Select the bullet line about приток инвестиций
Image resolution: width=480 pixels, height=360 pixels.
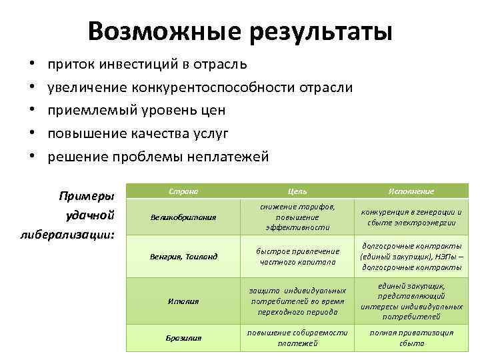click(147, 65)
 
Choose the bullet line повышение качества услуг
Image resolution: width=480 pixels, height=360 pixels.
click(138, 133)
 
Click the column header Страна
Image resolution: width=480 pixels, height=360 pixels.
click(184, 191)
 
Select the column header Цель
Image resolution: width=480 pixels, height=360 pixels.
click(297, 191)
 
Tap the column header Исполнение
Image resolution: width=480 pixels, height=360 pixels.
click(411, 191)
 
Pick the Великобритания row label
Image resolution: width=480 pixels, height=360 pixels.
click(184, 217)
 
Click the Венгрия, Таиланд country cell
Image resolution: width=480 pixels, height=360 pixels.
click(184, 257)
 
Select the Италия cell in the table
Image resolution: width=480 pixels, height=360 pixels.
click(184, 301)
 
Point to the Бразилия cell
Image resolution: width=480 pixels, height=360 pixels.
click(184, 338)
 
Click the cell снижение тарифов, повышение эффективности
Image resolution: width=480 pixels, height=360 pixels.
click(297, 217)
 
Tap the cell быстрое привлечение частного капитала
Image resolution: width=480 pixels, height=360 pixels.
click(297, 257)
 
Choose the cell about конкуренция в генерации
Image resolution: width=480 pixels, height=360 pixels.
click(411, 217)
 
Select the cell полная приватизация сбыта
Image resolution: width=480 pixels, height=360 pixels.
click(411, 338)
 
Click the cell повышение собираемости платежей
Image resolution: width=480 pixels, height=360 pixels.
click(297, 338)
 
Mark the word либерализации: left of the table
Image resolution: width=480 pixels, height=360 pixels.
click(77, 235)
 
